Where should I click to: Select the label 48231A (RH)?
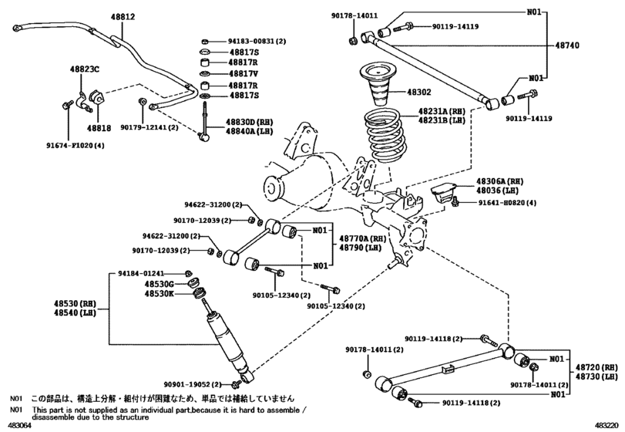(x=444, y=110)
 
